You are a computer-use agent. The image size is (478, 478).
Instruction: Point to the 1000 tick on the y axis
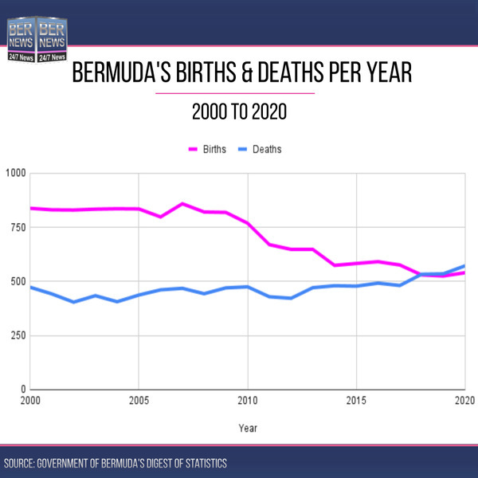point(16,173)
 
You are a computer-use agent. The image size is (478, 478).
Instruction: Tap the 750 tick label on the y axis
point(18,227)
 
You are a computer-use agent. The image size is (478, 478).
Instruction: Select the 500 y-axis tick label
point(18,281)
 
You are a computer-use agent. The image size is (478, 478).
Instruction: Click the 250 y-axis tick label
point(18,335)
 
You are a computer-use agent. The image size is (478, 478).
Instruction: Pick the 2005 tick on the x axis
point(139,399)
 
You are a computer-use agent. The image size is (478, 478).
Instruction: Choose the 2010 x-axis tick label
point(248,399)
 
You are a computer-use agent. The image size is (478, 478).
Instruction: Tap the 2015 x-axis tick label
point(356,399)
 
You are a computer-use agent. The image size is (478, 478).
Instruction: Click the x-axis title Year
point(248,428)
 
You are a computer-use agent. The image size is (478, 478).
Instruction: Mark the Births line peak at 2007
point(182,204)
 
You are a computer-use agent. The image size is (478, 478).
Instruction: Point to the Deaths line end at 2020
point(464,266)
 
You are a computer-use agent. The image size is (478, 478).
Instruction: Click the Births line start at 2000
point(31,208)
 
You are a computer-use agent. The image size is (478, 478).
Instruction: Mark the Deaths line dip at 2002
point(74,302)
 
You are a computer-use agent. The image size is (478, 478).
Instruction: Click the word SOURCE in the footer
point(22,463)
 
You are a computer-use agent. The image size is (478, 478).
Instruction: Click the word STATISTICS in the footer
point(202,463)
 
